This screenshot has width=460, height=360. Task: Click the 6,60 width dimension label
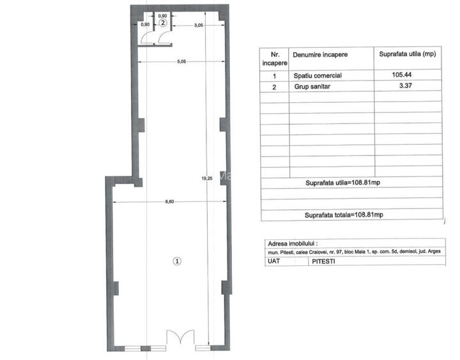pyautogui.click(x=169, y=201)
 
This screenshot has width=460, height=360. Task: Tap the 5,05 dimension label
pyautogui.click(x=181, y=61)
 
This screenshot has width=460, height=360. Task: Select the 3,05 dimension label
pyautogui.click(x=199, y=25)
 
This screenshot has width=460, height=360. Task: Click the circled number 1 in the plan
pyautogui.click(x=178, y=261)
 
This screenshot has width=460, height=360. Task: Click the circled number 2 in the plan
pyautogui.click(x=163, y=23)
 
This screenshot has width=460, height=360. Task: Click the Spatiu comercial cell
pyautogui.click(x=318, y=75)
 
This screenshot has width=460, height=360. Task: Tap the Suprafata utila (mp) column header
pyautogui.click(x=407, y=55)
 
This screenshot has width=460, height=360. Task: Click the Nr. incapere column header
pyautogui.click(x=275, y=59)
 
